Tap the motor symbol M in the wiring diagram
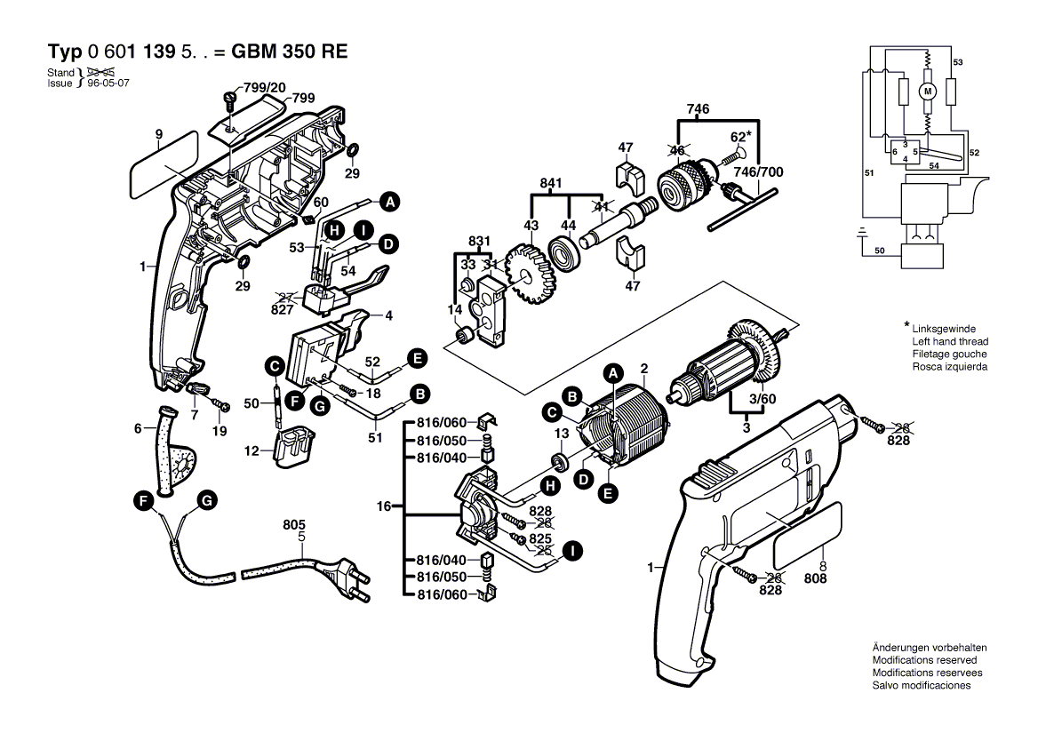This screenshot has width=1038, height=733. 928,91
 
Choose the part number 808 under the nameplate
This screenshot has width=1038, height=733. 815,578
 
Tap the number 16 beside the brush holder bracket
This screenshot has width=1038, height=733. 384,507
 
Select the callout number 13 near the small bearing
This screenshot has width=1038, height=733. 562,432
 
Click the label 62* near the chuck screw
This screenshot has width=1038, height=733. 741,137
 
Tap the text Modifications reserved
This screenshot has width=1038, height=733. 924,661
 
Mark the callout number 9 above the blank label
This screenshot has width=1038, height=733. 158,134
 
